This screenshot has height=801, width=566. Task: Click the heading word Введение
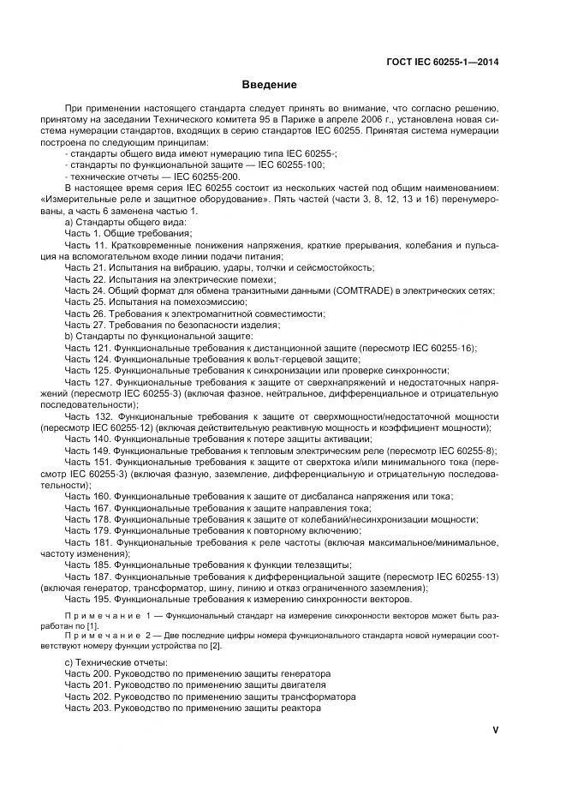coord(270,85)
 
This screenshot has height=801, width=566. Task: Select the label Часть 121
coord(88,348)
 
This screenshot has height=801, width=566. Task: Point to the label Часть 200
coord(88,673)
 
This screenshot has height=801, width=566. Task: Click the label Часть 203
coord(88,708)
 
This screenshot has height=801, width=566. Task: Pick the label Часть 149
coord(88,450)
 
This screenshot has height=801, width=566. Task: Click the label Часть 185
coord(88,565)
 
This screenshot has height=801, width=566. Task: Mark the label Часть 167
coord(88,508)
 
